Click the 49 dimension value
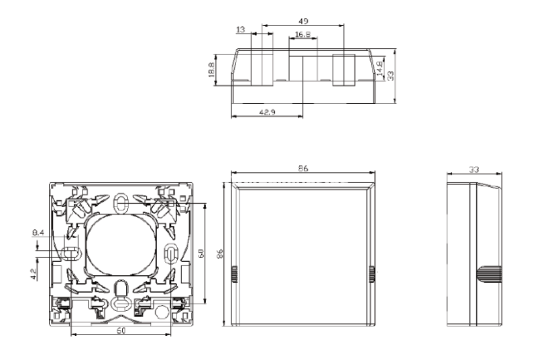[303, 21]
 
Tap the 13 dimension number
[240, 29]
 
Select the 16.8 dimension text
[302, 34]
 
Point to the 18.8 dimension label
[211, 70]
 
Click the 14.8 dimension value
[380, 69]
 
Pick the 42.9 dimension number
[267, 113]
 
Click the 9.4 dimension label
[38, 233]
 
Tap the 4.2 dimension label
[34, 274]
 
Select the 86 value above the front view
[302, 168]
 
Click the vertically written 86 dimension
[220, 253]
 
